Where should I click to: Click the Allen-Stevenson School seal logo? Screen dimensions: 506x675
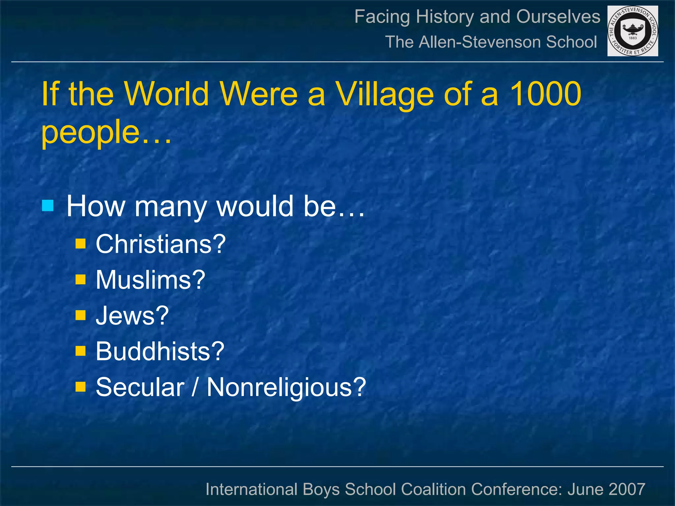[632, 31]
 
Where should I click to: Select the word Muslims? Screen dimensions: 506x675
[150, 280]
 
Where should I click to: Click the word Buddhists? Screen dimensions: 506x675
[160, 351]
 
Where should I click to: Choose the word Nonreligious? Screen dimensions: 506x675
[286, 387]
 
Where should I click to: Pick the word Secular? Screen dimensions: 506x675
[140, 387]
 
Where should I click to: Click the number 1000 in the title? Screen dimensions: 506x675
[545, 94]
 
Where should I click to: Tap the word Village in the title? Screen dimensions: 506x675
[385, 95]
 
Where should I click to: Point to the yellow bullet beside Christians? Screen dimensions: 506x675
[80, 244]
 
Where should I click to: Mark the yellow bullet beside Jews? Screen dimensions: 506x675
[80, 315]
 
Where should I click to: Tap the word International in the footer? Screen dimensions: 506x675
[251, 489]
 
